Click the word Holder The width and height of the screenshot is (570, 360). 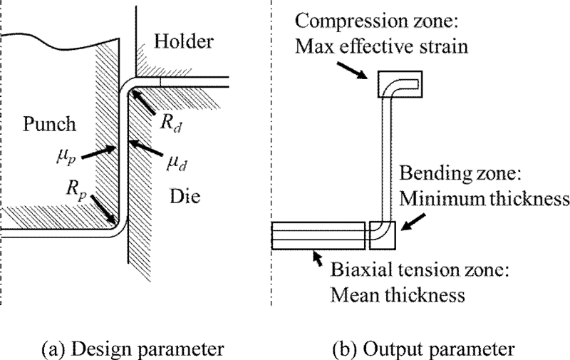184,42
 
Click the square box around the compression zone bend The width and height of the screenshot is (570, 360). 400,88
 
